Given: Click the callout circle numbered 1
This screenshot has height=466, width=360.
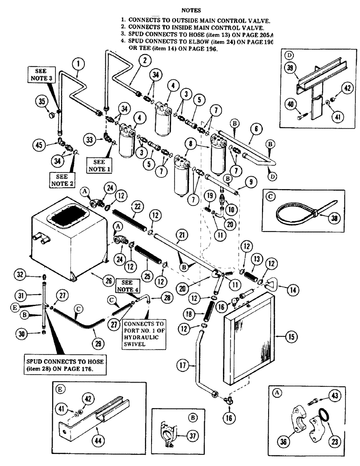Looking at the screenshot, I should point(79,63).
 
